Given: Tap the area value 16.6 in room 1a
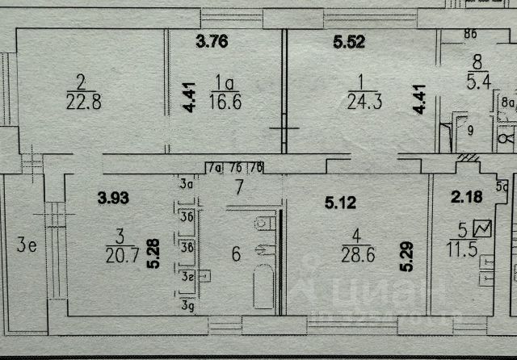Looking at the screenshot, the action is tap(225, 102).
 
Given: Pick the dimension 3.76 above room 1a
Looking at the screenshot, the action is tap(212, 44).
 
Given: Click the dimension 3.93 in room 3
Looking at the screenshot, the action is tap(114, 195).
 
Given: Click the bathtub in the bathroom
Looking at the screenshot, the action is tap(263, 287).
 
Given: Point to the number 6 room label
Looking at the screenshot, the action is tap(236, 255).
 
